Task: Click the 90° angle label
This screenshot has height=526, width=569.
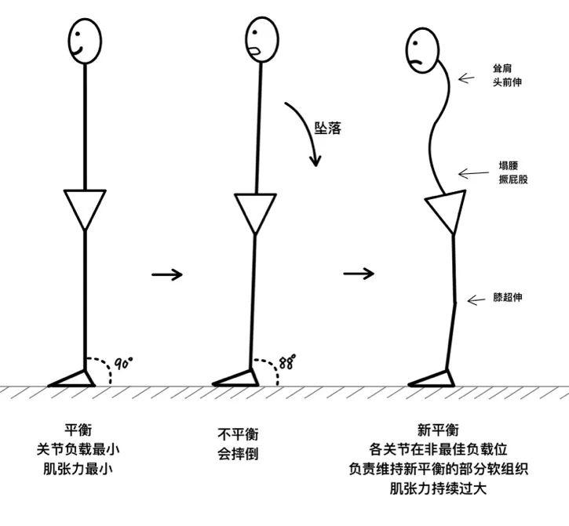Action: click(x=123, y=363)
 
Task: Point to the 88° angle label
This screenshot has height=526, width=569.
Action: click(x=288, y=363)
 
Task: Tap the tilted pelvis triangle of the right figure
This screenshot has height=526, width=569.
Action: click(x=446, y=211)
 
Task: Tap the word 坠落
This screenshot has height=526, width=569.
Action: click(x=328, y=128)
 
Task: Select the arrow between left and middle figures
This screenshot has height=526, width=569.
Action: click(x=166, y=274)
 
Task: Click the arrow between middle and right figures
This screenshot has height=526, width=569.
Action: click(x=359, y=274)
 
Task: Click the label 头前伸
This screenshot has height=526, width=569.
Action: click(x=509, y=82)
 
